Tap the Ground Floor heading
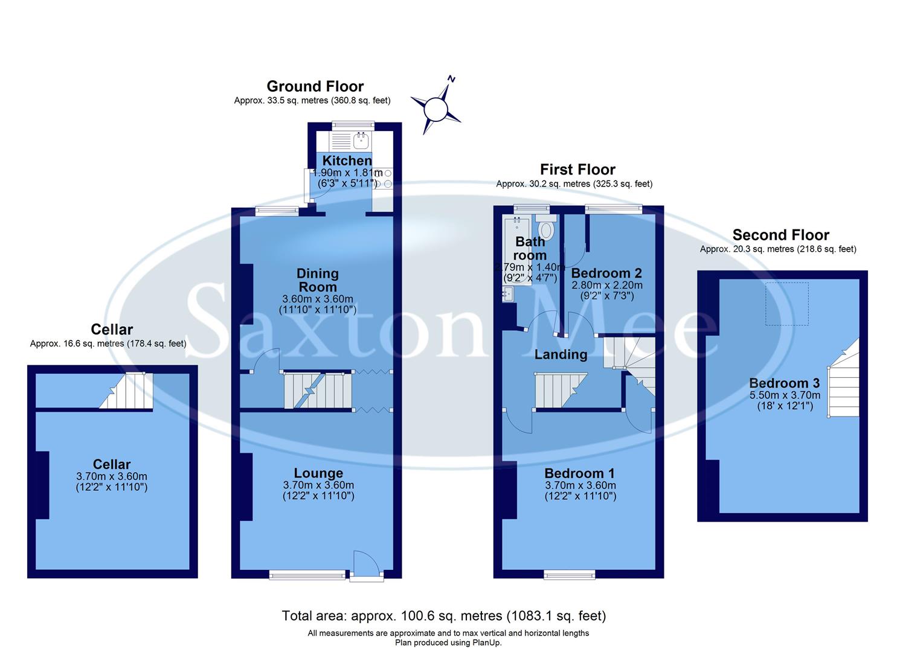pyautogui.click(x=315, y=86)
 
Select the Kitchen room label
pyautogui.click(x=347, y=161)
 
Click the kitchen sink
pyautogui.click(x=362, y=141)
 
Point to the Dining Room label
pyautogui.click(x=318, y=280)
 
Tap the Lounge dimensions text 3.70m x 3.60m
pyautogui.click(x=318, y=485)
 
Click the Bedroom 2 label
pyautogui.click(x=606, y=273)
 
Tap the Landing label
pyautogui.click(x=561, y=354)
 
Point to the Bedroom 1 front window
pyautogui.click(x=569, y=574)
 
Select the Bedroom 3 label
pyautogui.click(x=784, y=383)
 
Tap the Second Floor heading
pyautogui.click(x=780, y=235)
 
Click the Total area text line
pyautogui.click(x=443, y=616)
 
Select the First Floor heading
pyautogui.click(x=577, y=170)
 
